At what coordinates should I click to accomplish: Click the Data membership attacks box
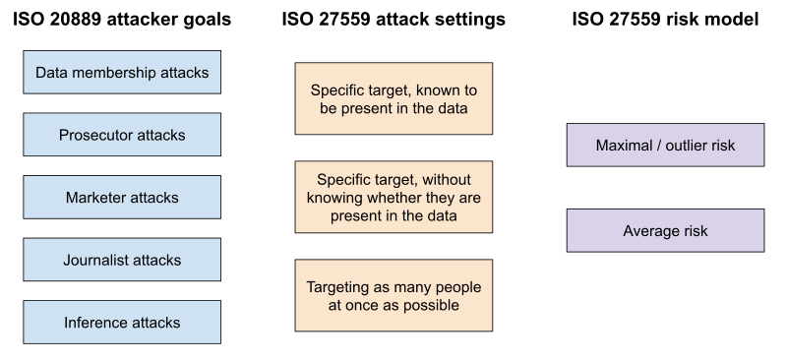point(122,73)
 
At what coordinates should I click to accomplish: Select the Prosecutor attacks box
point(122,135)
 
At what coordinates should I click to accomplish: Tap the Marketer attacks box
point(122,198)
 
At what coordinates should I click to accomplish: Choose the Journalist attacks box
point(122,260)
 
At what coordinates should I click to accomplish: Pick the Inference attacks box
point(122,323)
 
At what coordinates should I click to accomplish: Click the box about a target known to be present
point(393,98)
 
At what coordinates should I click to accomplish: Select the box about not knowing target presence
point(393,197)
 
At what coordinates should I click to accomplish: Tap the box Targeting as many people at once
point(393,295)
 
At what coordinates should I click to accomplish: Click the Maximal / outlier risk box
point(665,145)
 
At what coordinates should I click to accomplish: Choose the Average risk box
point(665,230)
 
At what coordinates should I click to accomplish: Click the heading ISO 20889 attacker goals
point(122,19)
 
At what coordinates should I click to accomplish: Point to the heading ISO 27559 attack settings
point(393,19)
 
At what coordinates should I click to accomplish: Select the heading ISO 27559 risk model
point(665,19)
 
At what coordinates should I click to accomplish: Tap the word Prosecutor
point(94,135)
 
